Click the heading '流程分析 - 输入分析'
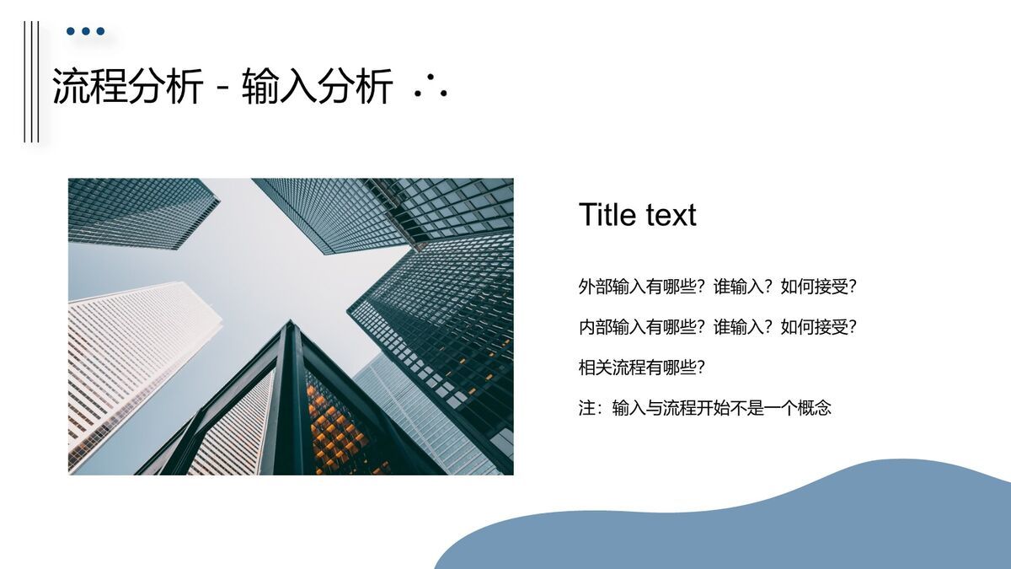click(222, 86)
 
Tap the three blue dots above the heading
click(85, 32)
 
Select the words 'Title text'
click(637, 215)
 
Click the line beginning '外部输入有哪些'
click(717, 287)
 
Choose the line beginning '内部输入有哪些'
click(717, 327)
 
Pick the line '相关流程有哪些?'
click(641, 368)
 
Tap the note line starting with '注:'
click(704, 408)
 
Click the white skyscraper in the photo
click(135, 354)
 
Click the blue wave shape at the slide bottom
click(758, 523)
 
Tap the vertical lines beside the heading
click(31, 82)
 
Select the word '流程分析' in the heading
click(127, 86)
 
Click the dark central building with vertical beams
click(291, 405)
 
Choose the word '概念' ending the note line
click(815, 408)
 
